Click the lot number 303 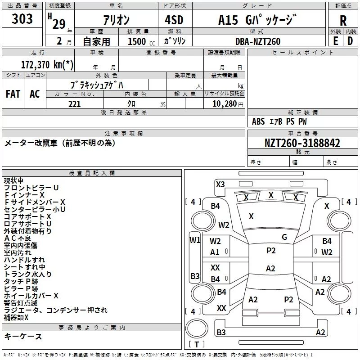(x=22, y=18)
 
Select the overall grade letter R (x=343, y=21)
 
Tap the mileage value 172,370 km (x=47, y=64)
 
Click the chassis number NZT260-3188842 (x=302, y=143)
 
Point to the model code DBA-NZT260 (x=257, y=41)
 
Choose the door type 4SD (x=174, y=20)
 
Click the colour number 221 (x=74, y=104)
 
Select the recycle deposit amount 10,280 (x=224, y=104)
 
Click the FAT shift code (x=13, y=94)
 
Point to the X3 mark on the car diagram (x=220, y=184)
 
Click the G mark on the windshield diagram (x=284, y=237)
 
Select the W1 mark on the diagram (x=195, y=240)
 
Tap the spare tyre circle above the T (x=197, y=328)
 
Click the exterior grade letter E (x=335, y=41)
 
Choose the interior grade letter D (x=350, y=41)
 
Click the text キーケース (x=23, y=337)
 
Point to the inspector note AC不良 (x=18, y=238)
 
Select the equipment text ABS (x=258, y=121)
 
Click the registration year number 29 (x=59, y=24)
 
